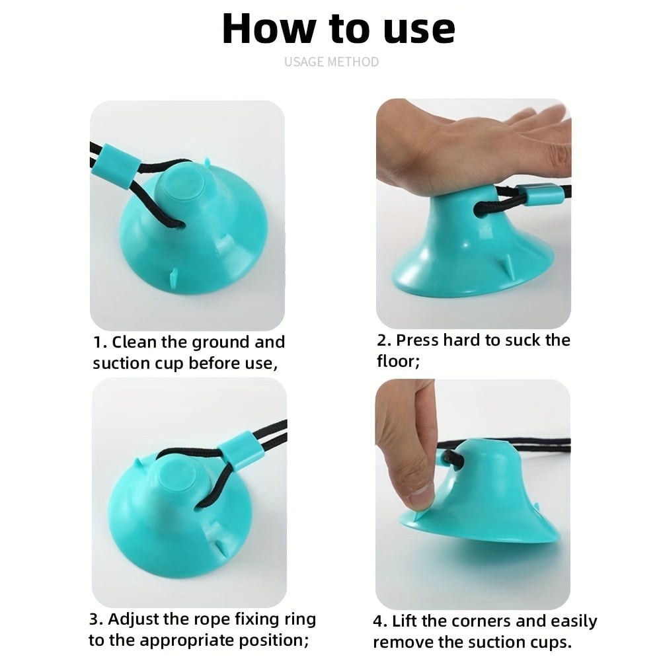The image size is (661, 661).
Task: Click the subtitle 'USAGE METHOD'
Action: (331, 61)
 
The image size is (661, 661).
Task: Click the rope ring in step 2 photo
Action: (541, 194)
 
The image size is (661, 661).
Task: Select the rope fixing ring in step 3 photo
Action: (241, 452)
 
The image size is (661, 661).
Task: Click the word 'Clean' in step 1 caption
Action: (136, 342)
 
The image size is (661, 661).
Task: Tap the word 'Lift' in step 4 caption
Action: (405, 621)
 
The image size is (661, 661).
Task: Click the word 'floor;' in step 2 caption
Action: (398, 362)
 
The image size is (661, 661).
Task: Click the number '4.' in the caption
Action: (381, 621)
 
